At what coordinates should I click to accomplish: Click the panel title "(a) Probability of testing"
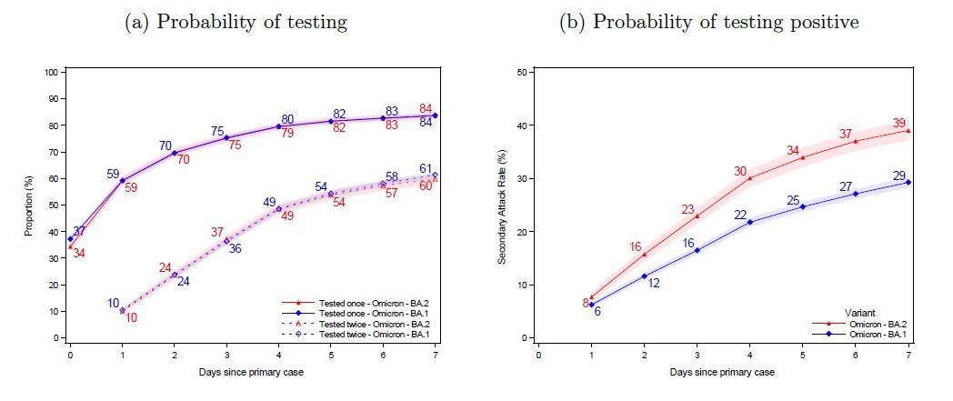236,21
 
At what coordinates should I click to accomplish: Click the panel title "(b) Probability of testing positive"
708,21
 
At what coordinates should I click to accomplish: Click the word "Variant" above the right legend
853,312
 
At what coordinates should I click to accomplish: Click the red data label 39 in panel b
898,123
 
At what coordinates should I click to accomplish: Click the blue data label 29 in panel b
898,175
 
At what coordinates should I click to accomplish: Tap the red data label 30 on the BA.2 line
741,171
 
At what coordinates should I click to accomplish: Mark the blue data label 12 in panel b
653,284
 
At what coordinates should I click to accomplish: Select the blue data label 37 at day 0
80,232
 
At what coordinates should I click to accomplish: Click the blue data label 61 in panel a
426,168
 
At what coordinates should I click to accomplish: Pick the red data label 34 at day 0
79,253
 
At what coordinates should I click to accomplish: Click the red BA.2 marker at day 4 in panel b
749,178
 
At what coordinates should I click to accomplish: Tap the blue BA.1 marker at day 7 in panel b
908,182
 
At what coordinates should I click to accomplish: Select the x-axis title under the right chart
723,372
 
